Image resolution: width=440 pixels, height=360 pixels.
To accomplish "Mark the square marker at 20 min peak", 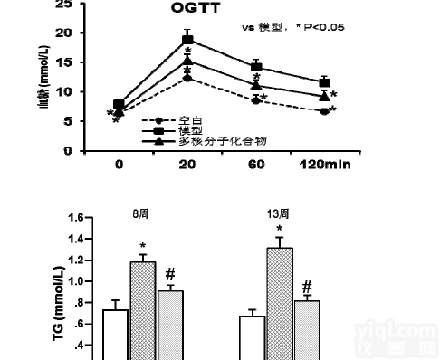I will coord(187,40).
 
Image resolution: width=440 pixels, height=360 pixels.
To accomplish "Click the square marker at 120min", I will coord(325,82).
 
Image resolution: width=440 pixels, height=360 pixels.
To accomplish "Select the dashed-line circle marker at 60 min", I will coord(256,100).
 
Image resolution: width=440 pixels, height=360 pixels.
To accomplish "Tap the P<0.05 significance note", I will coord(318,27).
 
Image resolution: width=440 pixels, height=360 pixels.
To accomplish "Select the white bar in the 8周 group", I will coord(114,335).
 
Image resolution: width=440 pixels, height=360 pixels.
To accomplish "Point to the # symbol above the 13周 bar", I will coord(308,286).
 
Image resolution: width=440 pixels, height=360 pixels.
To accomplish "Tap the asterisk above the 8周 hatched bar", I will coord(142,246).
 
